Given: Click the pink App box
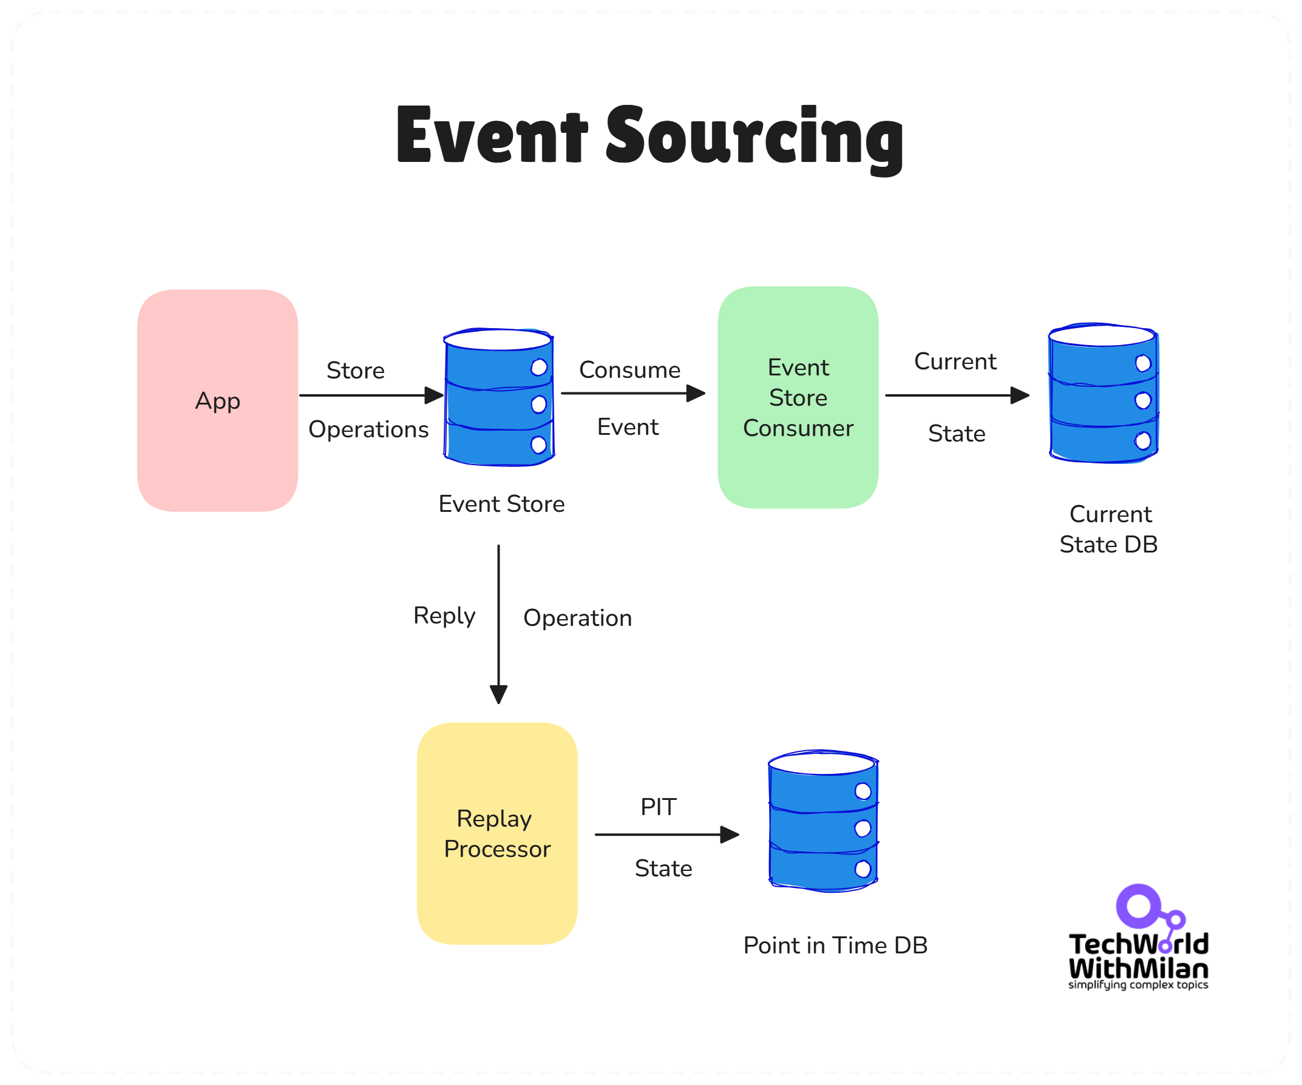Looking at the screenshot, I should click(217, 400).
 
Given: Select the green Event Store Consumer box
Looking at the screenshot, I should click(798, 397).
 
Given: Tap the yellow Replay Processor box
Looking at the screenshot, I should click(497, 833).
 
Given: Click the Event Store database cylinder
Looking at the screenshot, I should click(498, 397).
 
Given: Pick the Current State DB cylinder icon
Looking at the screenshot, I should click(1103, 393).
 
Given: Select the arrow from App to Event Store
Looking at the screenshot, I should click(371, 395).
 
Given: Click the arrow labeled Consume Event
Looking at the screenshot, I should click(632, 393).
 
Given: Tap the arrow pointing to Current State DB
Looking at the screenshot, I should click(957, 395).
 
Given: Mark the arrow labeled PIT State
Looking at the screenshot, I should click(666, 835).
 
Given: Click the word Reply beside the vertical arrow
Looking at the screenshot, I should click(444, 616).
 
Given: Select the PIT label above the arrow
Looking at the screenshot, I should click(658, 807).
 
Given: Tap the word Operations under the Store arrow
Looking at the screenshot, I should click(368, 429).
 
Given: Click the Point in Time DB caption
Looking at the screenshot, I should click(835, 945).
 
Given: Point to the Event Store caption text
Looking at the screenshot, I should click(501, 504).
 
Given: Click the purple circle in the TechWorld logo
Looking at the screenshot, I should click(1138, 906).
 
